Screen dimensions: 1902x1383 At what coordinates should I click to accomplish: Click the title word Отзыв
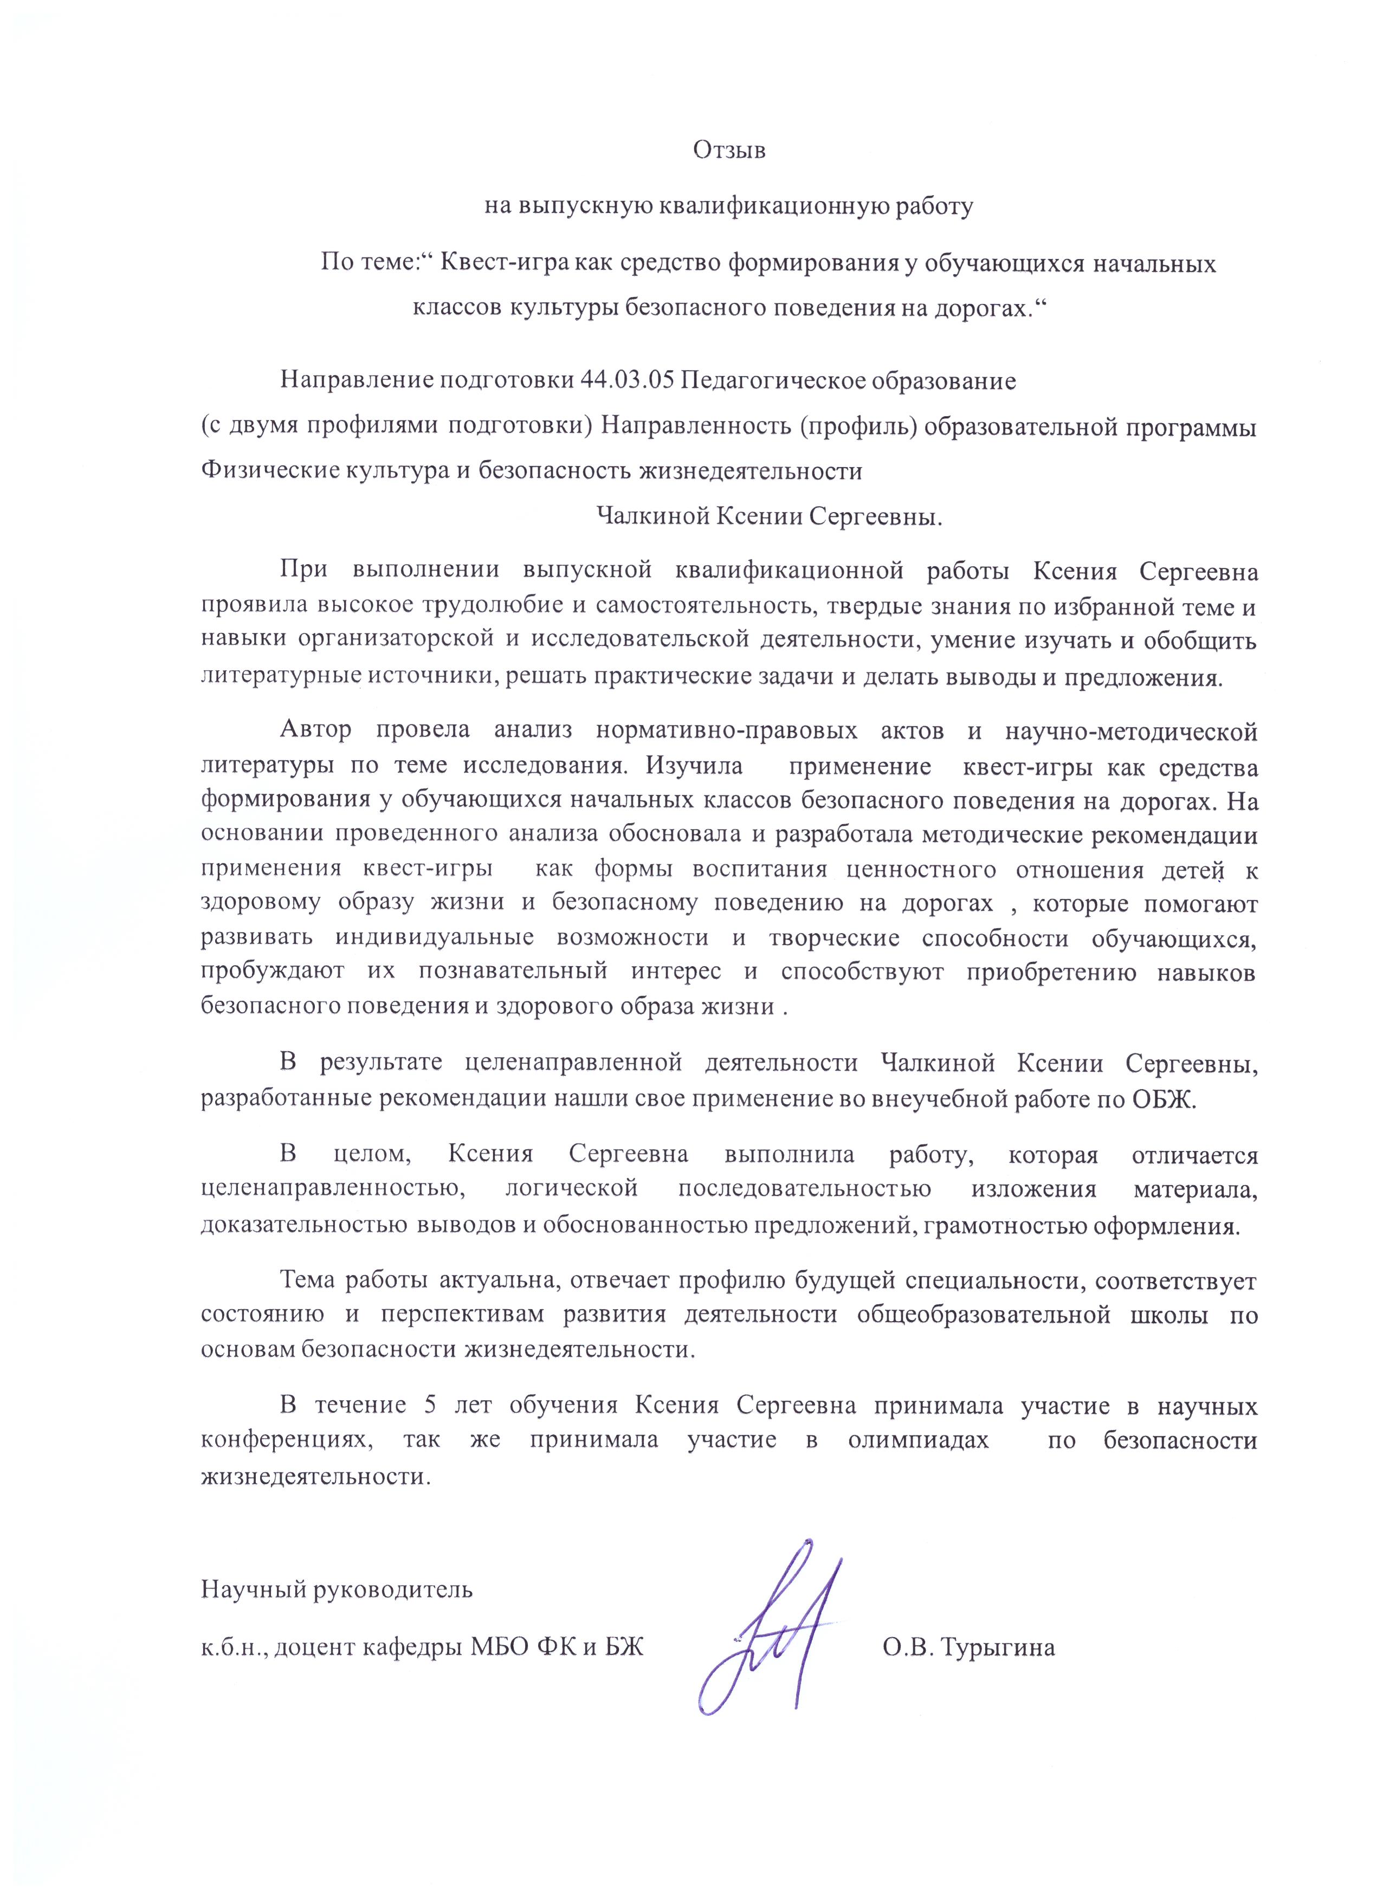tap(729, 151)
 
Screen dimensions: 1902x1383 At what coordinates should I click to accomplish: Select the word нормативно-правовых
tap(726, 730)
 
